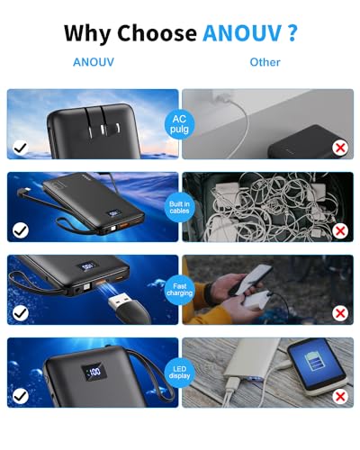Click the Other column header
point(265,62)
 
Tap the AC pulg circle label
point(179,123)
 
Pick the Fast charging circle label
point(179,290)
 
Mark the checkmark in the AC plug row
point(19,147)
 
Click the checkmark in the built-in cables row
point(19,230)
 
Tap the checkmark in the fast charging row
point(19,313)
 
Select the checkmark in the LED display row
point(19,396)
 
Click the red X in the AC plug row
point(340,147)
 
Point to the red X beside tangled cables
point(340,230)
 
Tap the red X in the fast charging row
point(340,313)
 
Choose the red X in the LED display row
point(340,396)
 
